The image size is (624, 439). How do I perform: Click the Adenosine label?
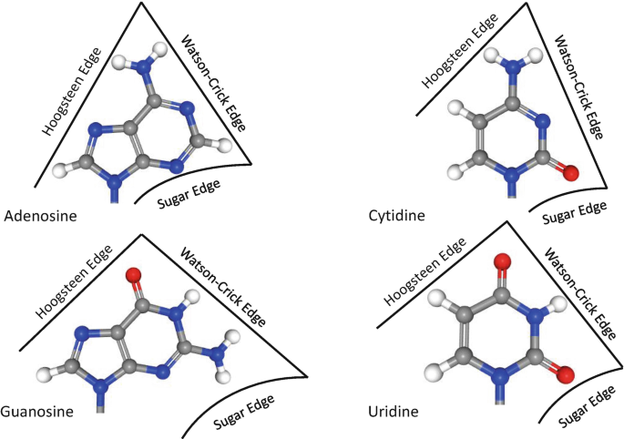click(x=41, y=217)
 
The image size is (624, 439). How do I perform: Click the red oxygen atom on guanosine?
click(x=134, y=274)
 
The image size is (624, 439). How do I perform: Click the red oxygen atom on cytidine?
click(x=570, y=171)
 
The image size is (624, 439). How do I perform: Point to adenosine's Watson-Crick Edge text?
click(x=212, y=83)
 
